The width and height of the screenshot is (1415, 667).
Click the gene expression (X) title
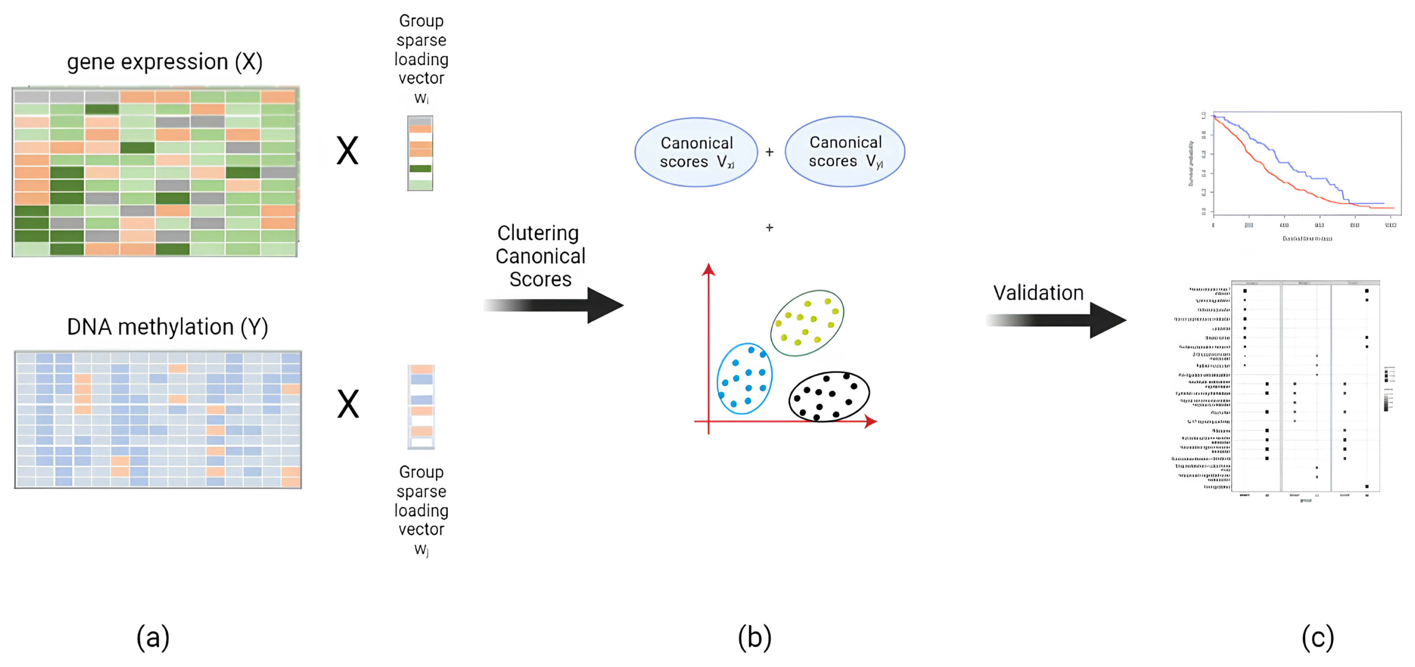tap(165, 62)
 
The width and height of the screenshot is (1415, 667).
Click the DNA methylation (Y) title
tap(167, 327)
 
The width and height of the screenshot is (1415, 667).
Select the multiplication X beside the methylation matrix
tap(348, 404)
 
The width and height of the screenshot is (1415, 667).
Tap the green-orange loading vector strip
tap(420, 153)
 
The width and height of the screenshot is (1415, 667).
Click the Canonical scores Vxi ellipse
tap(696, 152)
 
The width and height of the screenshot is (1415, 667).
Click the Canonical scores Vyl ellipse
tap(845, 152)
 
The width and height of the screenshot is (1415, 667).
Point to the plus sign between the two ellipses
tap(769, 152)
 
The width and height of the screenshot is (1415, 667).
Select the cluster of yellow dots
tap(807, 323)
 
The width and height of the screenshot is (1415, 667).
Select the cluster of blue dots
tap(745, 379)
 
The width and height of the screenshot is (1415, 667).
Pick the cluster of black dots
tap(829, 396)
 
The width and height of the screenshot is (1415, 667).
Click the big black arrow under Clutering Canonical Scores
tap(555, 306)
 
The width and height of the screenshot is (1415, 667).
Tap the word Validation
tap(1038, 293)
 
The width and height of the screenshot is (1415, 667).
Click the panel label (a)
tap(153, 637)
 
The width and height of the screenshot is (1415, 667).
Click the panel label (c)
tap(1318, 637)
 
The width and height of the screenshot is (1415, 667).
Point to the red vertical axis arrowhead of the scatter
tap(709, 270)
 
